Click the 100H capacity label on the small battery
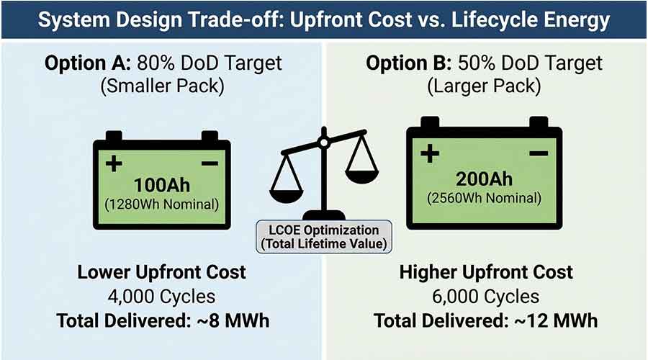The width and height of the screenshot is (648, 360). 161,185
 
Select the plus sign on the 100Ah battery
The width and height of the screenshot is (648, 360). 114,164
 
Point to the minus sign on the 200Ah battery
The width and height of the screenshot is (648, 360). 538,153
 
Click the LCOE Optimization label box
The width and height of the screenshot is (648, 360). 324,235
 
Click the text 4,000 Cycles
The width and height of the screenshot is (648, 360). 161,295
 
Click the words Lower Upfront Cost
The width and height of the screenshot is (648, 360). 161,272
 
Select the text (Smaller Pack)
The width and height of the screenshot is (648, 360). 161,87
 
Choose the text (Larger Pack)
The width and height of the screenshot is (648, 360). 483,87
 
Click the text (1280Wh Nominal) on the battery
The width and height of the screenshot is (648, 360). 161,204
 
